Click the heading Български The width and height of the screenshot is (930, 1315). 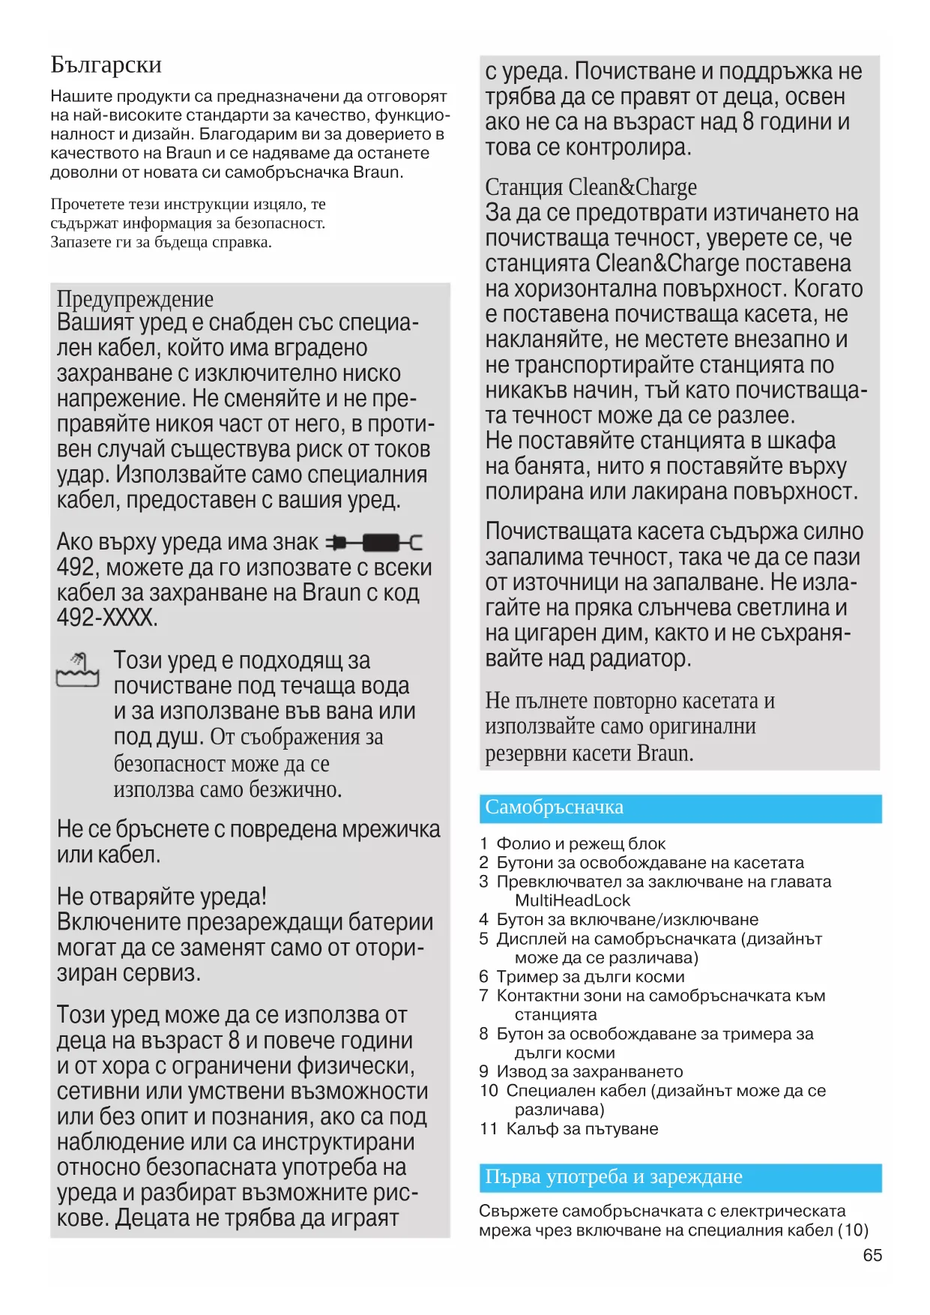(x=106, y=65)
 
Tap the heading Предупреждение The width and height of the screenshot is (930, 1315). (x=135, y=298)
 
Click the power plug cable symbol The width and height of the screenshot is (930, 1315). (x=375, y=542)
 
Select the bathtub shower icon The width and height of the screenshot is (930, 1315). (x=78, y=669)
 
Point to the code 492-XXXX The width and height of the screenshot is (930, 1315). (x=106, y=618)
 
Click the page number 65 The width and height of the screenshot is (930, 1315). (x=872, y=1255)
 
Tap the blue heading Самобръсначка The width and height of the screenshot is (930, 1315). (x=554, y=807)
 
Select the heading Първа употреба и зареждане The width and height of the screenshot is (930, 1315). (x=613, y=1177)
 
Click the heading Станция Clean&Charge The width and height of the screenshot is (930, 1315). (x=591, y=187)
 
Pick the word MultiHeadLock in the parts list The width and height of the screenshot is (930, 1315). (x=573, y=900)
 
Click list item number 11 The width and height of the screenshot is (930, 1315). (x=489, y=1128)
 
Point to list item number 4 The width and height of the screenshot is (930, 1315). (x=484, y=920)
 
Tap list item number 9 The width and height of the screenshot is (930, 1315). (x=484, y=1071)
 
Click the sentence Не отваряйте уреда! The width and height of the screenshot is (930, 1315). (x=162, y=897)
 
